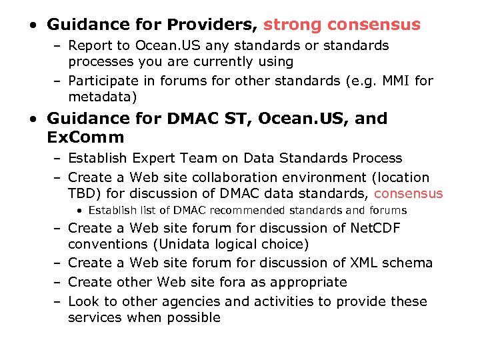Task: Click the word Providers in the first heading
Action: coord(211,25)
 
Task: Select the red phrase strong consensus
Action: coord(342,25)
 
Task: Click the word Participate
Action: coord(107,81)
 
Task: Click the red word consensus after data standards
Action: coord(409,194)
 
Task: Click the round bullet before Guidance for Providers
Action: coord(33,26)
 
